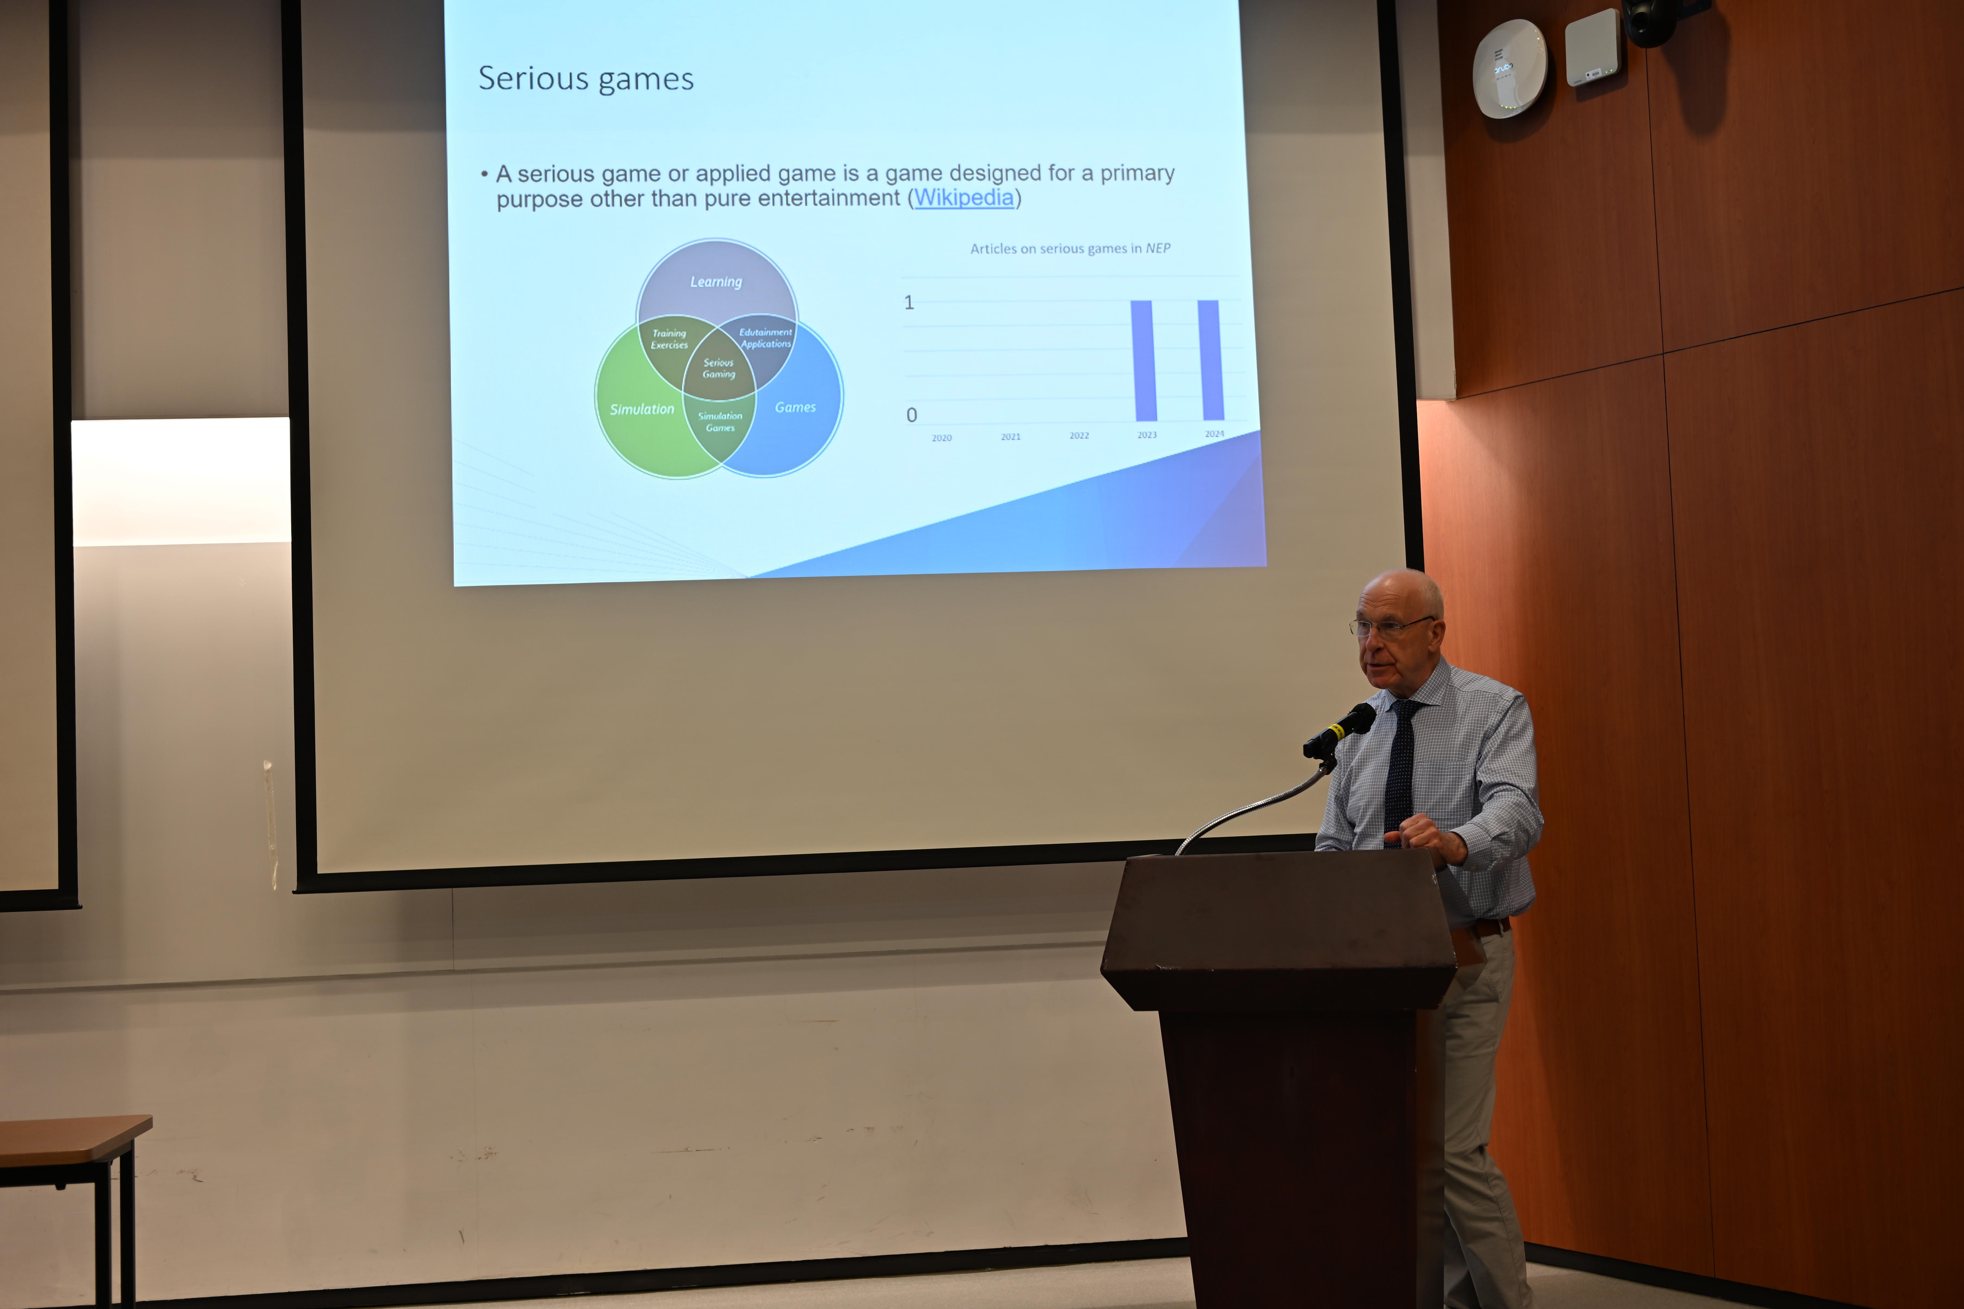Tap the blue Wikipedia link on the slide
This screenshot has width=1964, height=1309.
[963, 198]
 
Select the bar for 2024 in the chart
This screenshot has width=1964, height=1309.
[1211, 360]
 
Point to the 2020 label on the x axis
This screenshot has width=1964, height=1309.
[942, 437]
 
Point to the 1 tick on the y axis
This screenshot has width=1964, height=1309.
[909, 302]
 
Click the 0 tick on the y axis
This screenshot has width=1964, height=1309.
[912, 415]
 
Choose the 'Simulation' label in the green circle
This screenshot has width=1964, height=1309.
[641, 409]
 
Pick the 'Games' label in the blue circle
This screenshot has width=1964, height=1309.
[795, 407]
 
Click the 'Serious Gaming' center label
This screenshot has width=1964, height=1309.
[718, 368]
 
